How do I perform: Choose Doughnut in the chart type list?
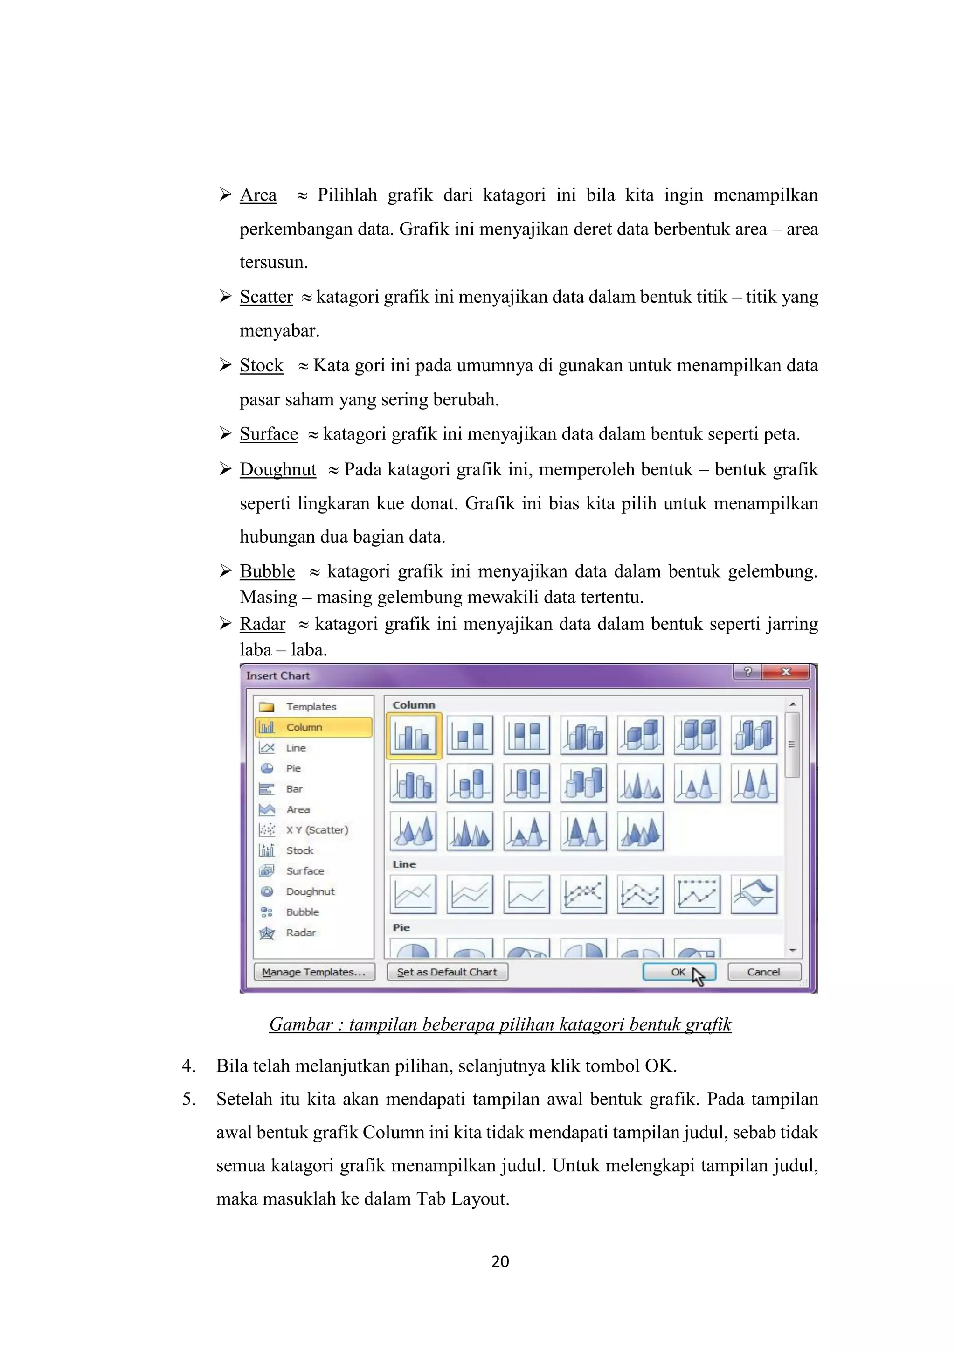pos(310,891)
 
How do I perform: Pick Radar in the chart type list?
pos(300,933)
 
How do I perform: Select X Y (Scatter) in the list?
pos(317,829)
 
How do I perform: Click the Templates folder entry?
pos(311,707)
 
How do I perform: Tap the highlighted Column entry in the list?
pos(304,727)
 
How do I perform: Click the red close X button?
pos(786,672)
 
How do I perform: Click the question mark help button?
pos(747,672)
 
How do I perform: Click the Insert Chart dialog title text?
pos(277,675)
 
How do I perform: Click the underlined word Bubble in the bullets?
pos(267,571)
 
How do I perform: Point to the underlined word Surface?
pos(269,434)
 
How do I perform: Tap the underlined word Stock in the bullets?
pos(261,365)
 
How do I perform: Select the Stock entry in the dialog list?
pos(299,850)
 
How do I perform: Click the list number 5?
pos(188,1099)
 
